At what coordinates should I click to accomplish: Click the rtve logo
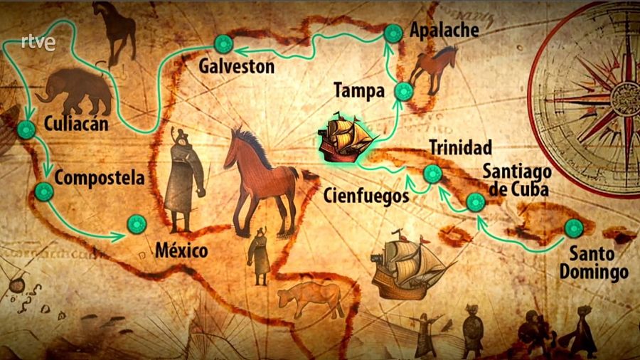[38, 43]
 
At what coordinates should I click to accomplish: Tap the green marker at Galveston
[224, 46]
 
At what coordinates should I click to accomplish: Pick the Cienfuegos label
[366, 194]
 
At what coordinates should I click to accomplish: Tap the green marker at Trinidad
[432, 174]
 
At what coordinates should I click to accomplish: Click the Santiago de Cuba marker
[475, 203]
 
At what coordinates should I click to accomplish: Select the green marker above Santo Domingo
[573, 228]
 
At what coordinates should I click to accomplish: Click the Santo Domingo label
[593, 263]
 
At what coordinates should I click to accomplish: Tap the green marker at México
[136, 225]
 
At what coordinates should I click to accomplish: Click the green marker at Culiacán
[26, 129]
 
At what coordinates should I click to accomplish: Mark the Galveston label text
[236, 66]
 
